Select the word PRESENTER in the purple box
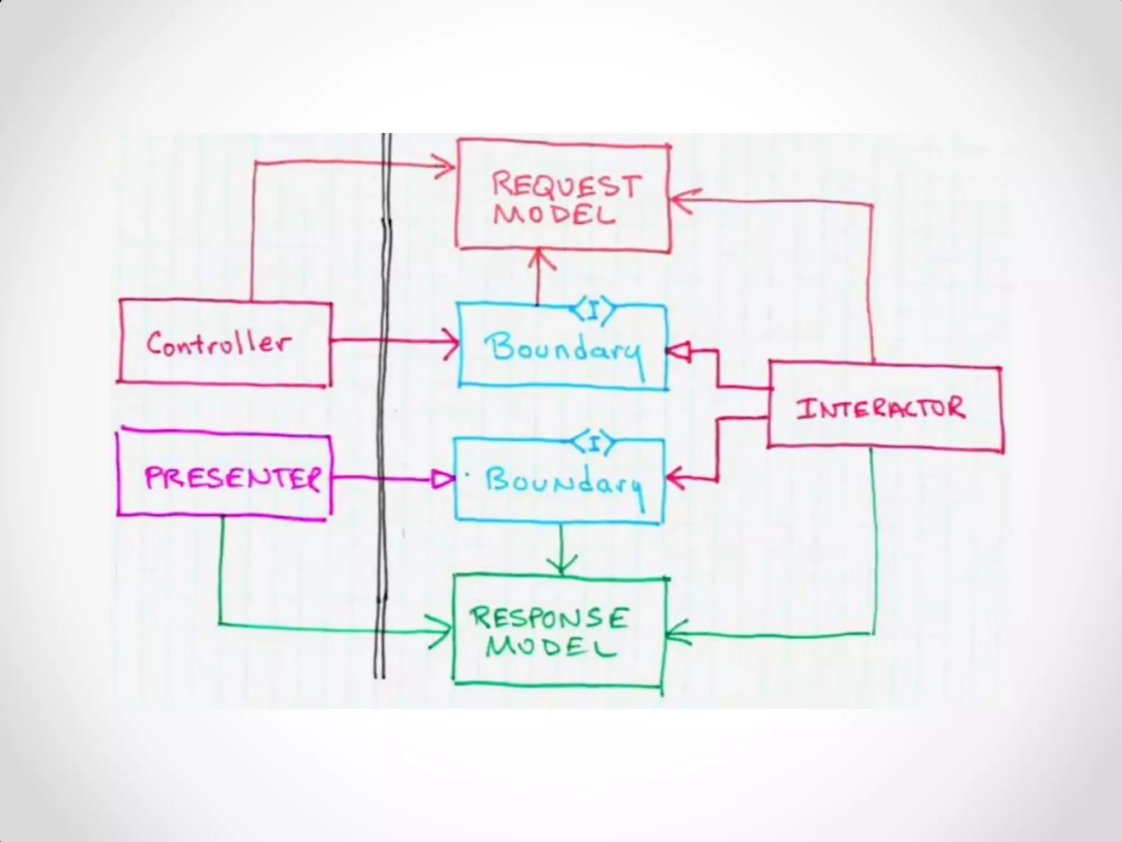coord(232,479)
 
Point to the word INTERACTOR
coord(880,408)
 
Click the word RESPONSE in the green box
coord(548,618)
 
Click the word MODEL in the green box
coord(550,647)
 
